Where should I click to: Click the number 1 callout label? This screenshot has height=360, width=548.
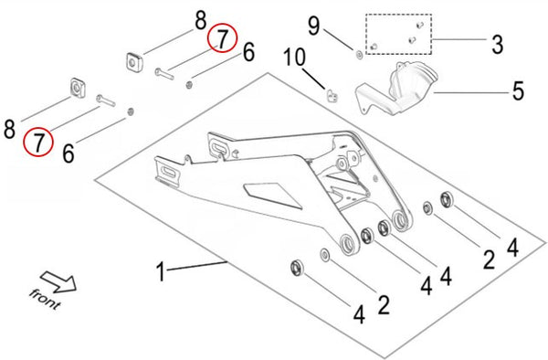(x=161, y=271)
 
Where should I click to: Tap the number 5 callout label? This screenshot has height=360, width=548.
(x=518, y=90)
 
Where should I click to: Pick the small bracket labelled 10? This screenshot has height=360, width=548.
(x=332, y=92)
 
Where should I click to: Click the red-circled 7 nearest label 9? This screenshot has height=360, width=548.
(x=222, y=37)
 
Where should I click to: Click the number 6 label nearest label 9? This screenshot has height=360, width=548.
(x=248, y=54)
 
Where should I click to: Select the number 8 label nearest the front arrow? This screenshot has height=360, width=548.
(x=10, y=129)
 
